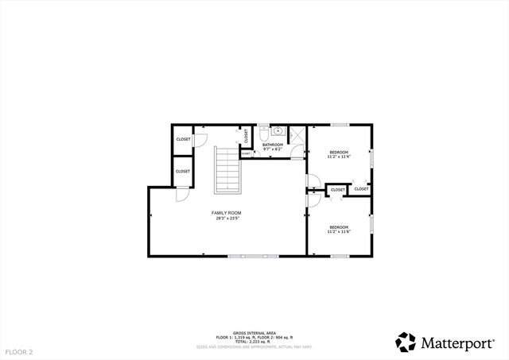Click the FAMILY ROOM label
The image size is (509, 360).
pos(227,213)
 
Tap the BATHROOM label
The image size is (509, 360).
pos(273,145)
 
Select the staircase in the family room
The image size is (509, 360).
pos(227,169)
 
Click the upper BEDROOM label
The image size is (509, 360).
pos(339,152)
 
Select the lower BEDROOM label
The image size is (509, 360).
pos(340,227)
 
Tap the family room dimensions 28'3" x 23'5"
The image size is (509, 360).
pos(227,219)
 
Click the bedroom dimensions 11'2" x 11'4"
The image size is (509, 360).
pos(339,157)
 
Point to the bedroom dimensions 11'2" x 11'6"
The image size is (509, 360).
pos(340,232)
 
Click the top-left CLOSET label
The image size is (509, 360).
pos(182,140)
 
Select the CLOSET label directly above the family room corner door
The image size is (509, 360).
pos(182,171)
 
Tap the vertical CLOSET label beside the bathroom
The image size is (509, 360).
pos(247,137)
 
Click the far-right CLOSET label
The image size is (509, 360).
pos(361,189)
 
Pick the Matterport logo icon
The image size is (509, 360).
pos(406,342)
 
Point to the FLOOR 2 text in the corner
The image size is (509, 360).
pos(19,350)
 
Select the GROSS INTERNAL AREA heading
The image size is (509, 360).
pos(254,333)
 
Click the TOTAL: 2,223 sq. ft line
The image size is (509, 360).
pos(254,342)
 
